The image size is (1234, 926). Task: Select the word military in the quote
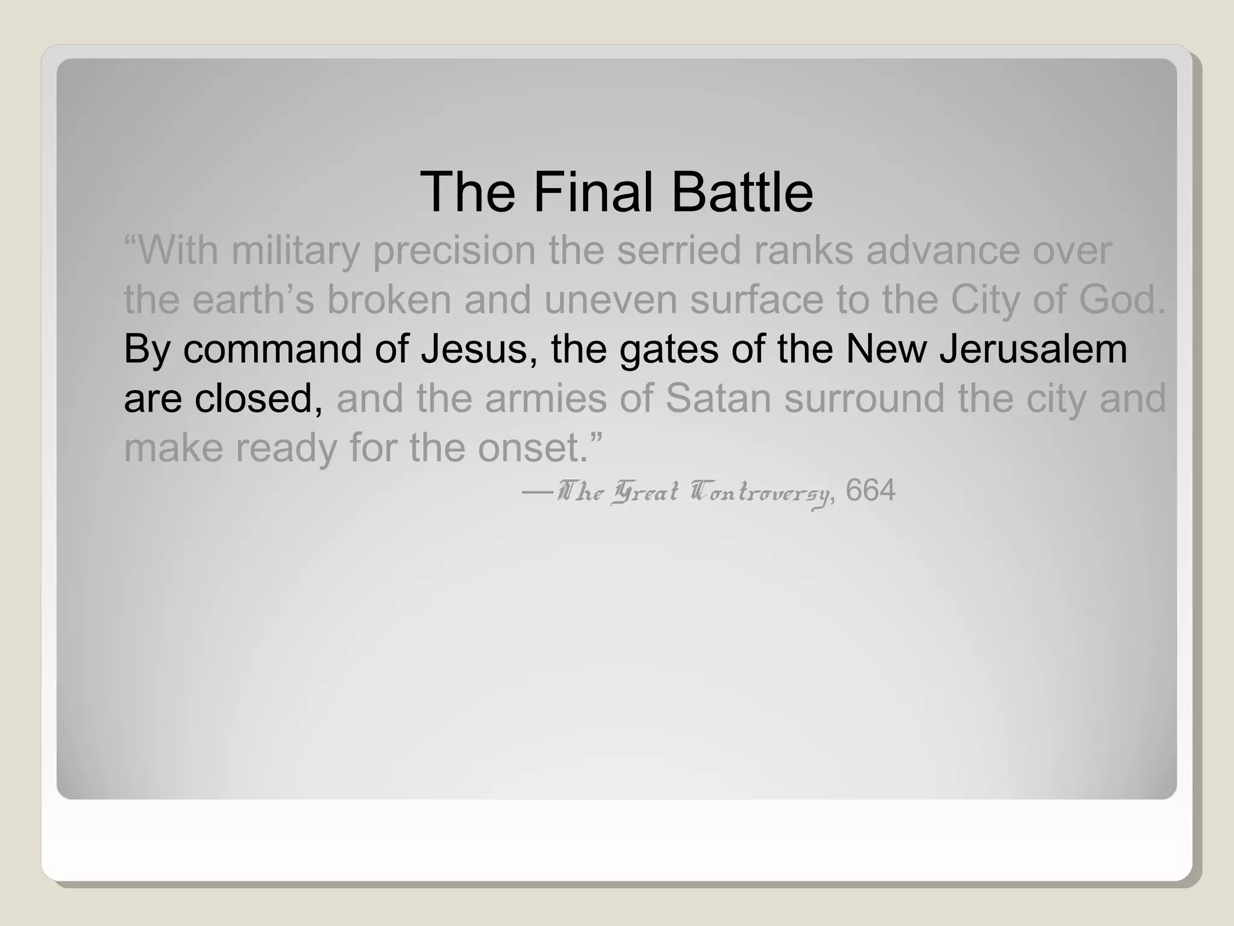(x=295, y=250)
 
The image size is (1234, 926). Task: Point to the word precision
(x=454, y=250)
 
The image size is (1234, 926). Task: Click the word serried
(x=678, y=250)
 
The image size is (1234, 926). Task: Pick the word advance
(x=942, y=250)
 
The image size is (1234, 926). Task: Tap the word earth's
(x=253, y=300)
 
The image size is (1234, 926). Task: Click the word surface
(x=756, y=300)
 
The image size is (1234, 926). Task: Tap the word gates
(x=669, y=350)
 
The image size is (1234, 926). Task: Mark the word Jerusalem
(x=1033, y=350)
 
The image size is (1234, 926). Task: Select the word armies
(x=545, y=398)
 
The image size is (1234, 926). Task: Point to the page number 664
(x=871, y=491)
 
